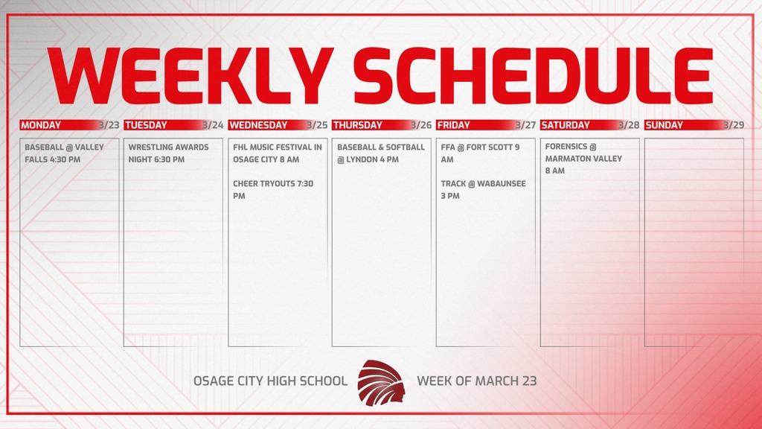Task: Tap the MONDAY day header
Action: pyautogui.click(x=42, y=125)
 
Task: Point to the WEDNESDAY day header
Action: pyautogui.click(x=257, y=125)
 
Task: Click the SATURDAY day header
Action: pyautogui.click(x=565, y=125)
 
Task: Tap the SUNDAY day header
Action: pyautogui.click(x=664, y=125)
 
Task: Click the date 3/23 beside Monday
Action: pyautogui.click(x=108, y=125)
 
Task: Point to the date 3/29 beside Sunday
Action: pyautogui.click(x=733, y=125)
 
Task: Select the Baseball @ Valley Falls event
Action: pyautogui.click(x=64, y=153)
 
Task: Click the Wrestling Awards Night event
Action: pyautogui.click(x=168, y=153)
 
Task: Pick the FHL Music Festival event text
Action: pyautogui.click(x=277, y=153)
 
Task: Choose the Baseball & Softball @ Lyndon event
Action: pyautogui.click(x=380, y=153)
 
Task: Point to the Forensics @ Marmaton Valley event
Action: pyautogui.click(x=583, y=159)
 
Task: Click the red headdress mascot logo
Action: pyautogui.click(x=382, y=381)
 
